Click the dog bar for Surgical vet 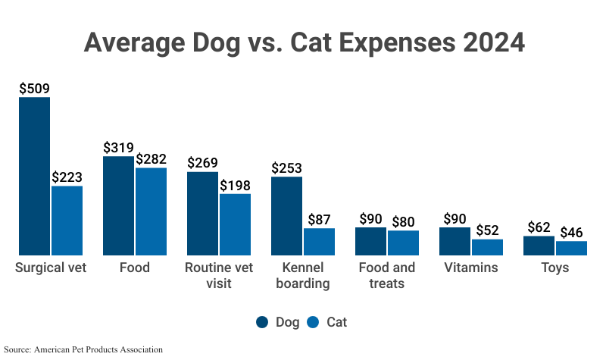click(x=34, y=176)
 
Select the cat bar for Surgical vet click(x=67, y=221)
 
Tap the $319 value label click(x=118, y=148)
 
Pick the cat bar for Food click(x=151, y=211)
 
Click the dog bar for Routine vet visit click(x=202, y=213)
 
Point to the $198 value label click(x=235, y=185)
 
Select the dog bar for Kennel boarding click(x=286, y=216)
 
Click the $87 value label click(x=319, y=220)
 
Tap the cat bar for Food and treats click(x=403, y=243)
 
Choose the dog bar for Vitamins click(x=454, y=241)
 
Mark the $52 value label click(x=487, y=230)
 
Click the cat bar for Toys click(x=571, y=248)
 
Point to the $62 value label click(x=539, y=227)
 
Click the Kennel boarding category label click(x=303, y=276)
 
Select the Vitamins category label click(x=471, y=268)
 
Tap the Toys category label click(x=554, y=268)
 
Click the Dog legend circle click(x=262, y=322)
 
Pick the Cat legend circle click(x=314, y=322)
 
